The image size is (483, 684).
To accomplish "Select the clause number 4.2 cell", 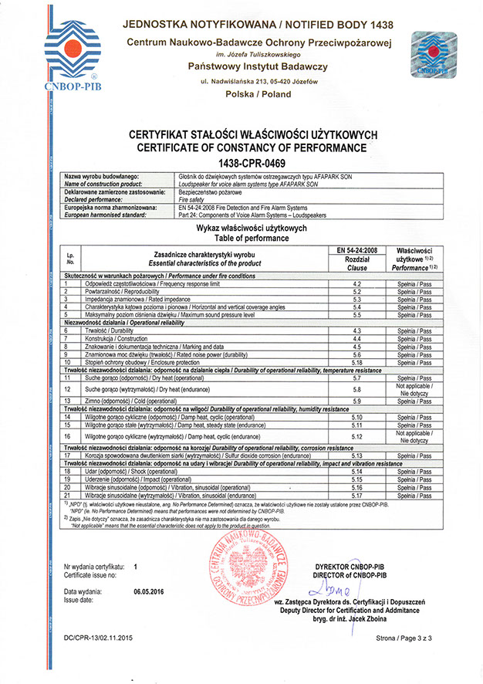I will pyautogui.click(x=357, y=284).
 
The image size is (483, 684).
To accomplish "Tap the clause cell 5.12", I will pyautogui.click(x=357, y=437).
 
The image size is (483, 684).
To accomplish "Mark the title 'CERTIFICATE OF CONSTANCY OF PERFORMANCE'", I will pyautogui.click(x=241, y=147).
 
